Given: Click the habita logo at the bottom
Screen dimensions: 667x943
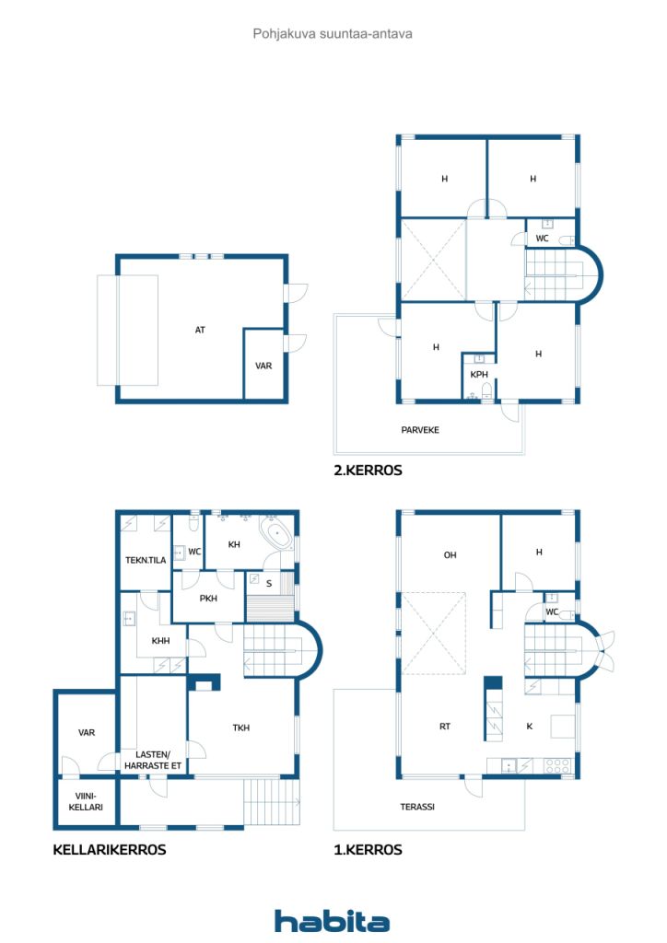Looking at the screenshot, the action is click(x=332, y=921).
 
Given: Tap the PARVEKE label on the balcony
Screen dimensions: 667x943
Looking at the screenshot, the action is click(x=420, y=430).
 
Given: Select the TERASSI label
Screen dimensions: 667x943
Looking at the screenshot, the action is click(x=417, y=807).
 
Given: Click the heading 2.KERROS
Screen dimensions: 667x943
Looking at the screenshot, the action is click(x=368, y=471).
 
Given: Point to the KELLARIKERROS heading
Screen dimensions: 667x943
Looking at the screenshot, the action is click(x=110, y=850).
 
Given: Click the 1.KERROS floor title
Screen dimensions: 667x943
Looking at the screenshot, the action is click(x=368, y=850).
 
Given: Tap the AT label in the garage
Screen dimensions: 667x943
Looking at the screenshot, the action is click(x=200, y=330).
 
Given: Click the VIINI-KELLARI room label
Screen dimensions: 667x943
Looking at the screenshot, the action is click(x=86, y=802).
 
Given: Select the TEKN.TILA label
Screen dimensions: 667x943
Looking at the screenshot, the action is click(x=146, y=560).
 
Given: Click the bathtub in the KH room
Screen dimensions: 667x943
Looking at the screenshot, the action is click(x=276, y=533).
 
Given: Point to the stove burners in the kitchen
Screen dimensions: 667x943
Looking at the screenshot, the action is click(x=557, y=765).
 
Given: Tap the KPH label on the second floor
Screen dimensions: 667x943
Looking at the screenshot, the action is click(x=479, y=374).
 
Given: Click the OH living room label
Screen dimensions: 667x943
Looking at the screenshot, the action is click(x=450, y=555).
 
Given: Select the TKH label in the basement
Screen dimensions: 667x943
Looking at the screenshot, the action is click(x=241, y=728).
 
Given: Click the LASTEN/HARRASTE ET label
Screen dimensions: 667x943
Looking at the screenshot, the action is click(x=153, y=760).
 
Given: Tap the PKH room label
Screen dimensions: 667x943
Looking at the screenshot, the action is click(x=208, y=599).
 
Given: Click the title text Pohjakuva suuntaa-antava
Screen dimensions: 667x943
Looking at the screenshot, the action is click(x=333, y=34).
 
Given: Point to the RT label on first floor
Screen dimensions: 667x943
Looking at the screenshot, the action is click(x=444, y=727).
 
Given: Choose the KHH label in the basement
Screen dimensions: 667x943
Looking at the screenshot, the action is click(x=160, y=641).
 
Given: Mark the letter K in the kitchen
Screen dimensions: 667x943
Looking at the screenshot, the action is click(x=529, y=727).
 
